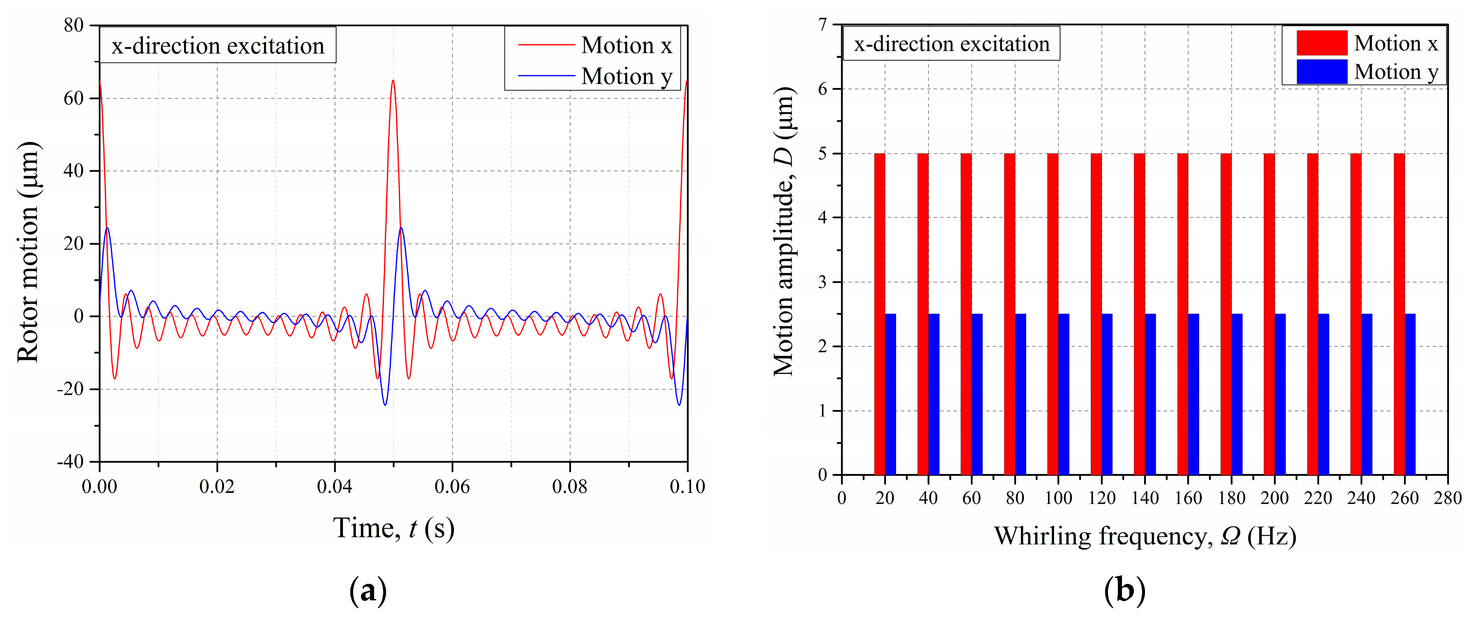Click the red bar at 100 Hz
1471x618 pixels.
[1052, 314]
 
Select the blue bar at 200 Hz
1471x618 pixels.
[1280, 394]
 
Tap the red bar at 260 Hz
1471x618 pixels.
[1399, 314]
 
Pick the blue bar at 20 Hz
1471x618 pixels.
[890, 394]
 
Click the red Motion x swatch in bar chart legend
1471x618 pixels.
[1321, 43]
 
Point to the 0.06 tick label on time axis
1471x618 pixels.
[452, 487]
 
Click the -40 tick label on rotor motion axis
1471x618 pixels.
[70, 461]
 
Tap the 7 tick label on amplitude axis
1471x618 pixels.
[822, 25]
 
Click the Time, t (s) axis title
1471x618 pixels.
[393, 528]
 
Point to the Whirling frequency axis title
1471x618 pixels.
[1145, 536]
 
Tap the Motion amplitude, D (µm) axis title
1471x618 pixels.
[784, 231]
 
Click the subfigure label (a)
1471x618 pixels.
[368, 591]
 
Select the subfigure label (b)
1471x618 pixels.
[1124, 591]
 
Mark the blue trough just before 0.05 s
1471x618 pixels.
[385, 404]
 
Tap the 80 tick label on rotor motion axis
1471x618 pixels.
[74, 25]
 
